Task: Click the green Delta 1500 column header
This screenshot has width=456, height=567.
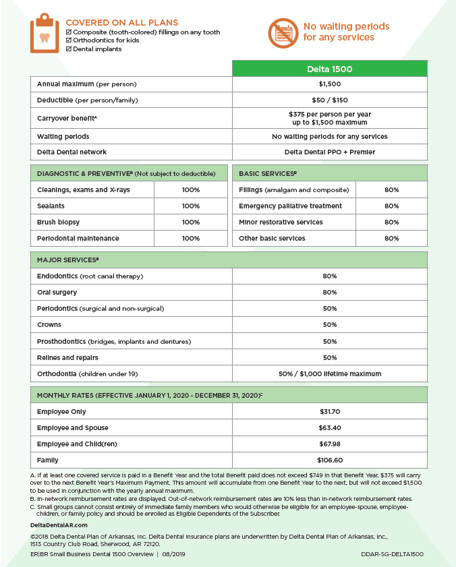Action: point(330,69)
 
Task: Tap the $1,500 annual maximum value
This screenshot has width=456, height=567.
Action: point(330,84)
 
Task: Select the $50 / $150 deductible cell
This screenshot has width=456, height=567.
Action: point(330,100)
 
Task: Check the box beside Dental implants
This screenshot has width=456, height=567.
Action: point(69,49)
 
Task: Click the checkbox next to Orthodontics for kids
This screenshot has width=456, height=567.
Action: point(69,40)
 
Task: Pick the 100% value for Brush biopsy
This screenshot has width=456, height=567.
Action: point(191,222)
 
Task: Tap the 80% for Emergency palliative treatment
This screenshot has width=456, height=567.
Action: point(391,206)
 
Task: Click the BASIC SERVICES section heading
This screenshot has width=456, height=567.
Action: point(268,174)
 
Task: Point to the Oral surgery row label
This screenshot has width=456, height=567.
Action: point(57,293)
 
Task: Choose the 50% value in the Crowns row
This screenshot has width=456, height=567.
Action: point(330,325)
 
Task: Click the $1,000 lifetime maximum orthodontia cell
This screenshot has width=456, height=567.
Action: point(330,374)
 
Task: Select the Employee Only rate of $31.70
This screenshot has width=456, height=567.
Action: point(330,412)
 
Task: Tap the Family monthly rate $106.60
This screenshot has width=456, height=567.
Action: point(330,460)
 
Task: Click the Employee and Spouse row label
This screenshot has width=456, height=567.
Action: point(73,428)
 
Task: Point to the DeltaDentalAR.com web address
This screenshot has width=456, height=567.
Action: point(59,525)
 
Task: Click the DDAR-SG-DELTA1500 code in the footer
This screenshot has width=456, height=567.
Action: point(392,554)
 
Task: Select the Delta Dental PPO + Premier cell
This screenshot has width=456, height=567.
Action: point(330,152)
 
